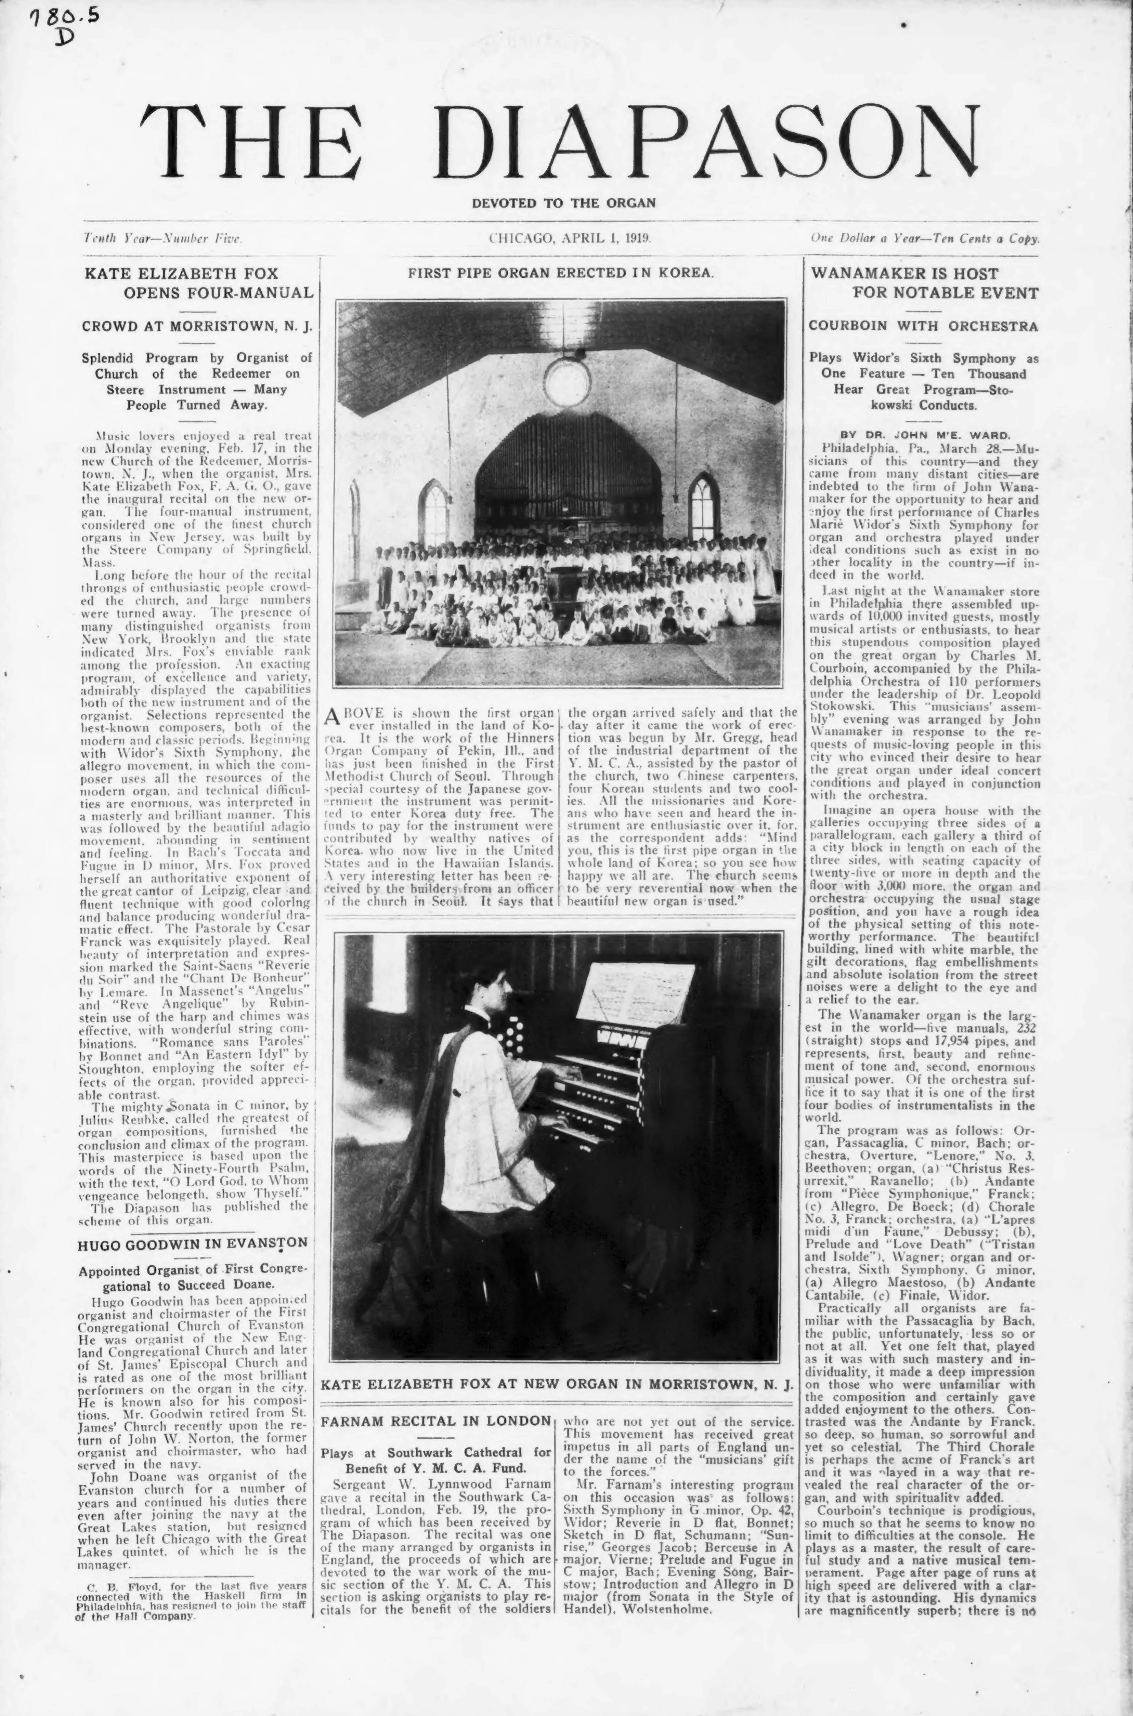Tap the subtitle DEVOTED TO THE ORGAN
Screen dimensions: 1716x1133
pyautogui.click(x=564, y=203)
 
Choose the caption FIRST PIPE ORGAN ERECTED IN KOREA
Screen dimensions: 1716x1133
pyautogui.click(x=561, y=273)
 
